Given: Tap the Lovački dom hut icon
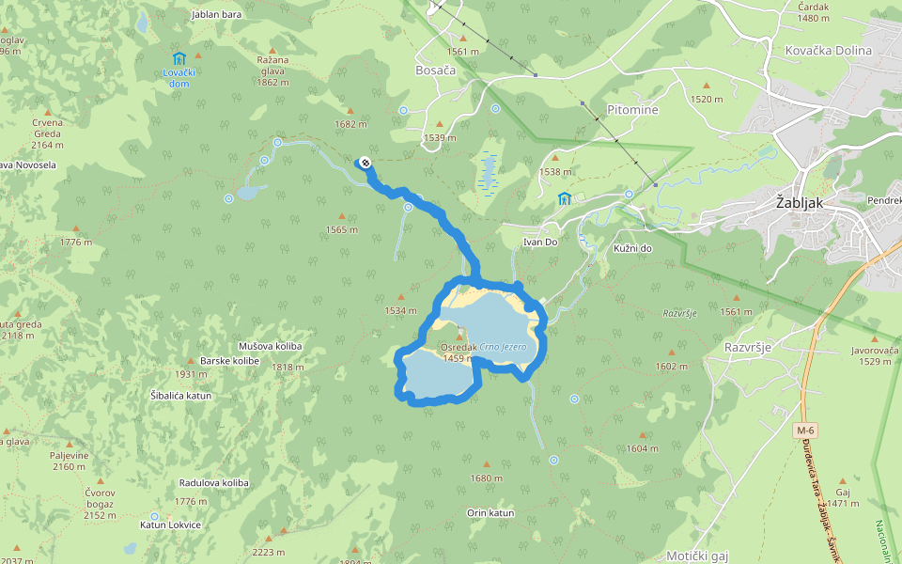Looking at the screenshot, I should click(179, 58).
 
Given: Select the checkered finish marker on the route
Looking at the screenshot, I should click(365, 164).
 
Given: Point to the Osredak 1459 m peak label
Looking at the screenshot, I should click(459, 352).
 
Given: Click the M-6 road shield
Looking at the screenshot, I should click(803, 431).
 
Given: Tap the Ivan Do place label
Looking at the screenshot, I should click(540, 242).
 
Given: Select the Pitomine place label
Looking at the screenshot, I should click(632, 110).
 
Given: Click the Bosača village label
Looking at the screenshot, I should click(435, 70).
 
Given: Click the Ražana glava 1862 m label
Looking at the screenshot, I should click(272, 70).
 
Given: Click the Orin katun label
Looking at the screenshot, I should click(490, 513).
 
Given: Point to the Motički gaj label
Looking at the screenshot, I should click(696, 556).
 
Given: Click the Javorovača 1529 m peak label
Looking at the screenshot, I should click(876, 355).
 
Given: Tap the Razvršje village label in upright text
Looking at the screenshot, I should click(748, 347).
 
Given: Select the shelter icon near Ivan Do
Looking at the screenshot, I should click(564, 198).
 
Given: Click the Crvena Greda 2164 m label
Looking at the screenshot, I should click(47, 133).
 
